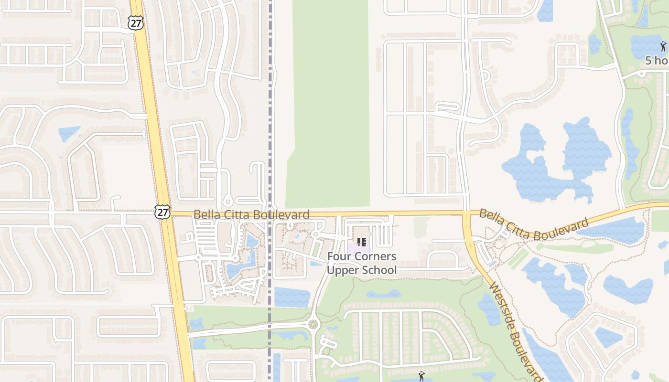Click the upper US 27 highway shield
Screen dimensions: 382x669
(x=136, y=22)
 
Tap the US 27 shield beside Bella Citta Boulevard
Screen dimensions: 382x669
(x=162, y=212)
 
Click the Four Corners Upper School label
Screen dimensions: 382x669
(x=362, y=263)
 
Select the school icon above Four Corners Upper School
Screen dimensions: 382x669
(x=362, y=242)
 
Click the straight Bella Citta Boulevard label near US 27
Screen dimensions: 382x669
(x=251, y=215)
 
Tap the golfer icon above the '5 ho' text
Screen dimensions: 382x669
(x=663, y=46)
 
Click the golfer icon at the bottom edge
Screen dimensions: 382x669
(x=421, y=376)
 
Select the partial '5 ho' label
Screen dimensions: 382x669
(x=657, y=61)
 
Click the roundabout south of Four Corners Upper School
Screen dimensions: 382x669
(x=313, y=325)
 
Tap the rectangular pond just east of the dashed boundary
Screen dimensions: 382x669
(x=292, y=297)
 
